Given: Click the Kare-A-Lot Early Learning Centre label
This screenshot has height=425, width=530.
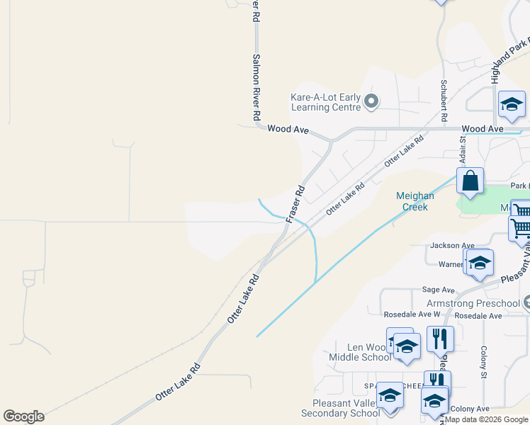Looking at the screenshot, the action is point(326,102).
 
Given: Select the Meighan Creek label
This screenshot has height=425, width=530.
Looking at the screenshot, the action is point(412,201).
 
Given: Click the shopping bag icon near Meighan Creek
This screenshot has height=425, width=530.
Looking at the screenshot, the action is point(470,181).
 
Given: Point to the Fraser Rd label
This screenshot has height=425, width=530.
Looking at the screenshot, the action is point(295,205).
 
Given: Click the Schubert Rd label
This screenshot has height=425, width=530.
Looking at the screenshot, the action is point(443,106).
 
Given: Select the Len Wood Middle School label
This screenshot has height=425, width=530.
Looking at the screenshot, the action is point(359,352).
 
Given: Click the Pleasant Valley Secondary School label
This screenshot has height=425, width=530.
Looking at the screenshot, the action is point(340,408).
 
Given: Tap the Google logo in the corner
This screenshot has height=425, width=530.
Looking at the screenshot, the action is point(23,416).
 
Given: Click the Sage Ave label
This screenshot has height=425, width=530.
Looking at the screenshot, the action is point(438,290).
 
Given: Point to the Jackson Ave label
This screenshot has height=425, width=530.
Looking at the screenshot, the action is point(451,246).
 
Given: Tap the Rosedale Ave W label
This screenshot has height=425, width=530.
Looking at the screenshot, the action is point(412,314).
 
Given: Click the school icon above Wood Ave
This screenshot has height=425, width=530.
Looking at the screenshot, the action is point(512,105).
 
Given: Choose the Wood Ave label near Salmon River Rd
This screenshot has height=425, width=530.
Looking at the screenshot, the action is point(288,130).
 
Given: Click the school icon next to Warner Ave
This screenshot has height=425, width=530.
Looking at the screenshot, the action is point(480,262).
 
